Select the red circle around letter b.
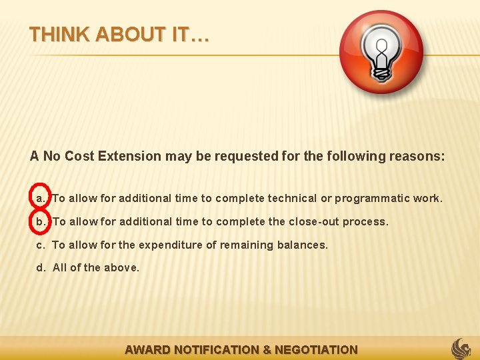click(41, 221)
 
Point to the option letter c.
click(41, 245)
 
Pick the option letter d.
click(41, 268)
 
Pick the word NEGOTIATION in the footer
click(316, 349)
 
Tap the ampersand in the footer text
click(267, 349)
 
